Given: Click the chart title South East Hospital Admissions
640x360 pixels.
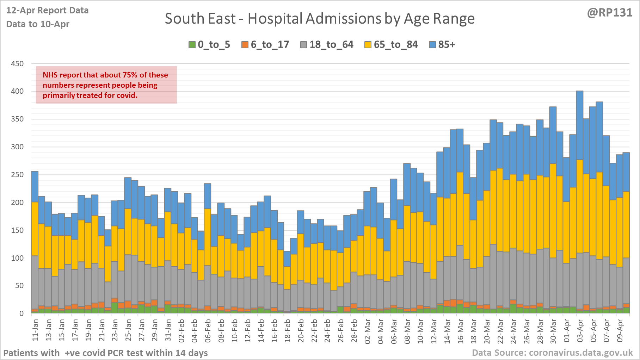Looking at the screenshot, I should [320, 19].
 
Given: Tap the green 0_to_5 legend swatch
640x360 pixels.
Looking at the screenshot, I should [192, 45].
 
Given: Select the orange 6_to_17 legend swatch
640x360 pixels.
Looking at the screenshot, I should [245, 45].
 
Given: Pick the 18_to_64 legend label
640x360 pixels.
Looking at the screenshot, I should [331, 45].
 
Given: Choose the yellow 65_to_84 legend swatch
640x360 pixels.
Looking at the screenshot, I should [368, 45].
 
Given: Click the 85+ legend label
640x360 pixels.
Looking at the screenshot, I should [447, 45].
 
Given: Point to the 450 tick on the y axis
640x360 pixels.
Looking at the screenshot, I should [17, 64].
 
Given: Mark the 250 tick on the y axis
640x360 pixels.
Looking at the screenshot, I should [17, 175].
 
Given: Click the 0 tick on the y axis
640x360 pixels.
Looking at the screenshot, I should [21, 314].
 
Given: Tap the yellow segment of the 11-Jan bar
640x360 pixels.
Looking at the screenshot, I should [35, 229].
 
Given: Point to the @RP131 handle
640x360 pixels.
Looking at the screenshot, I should [609, 13].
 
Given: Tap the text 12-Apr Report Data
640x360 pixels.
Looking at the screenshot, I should [48, 11].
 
